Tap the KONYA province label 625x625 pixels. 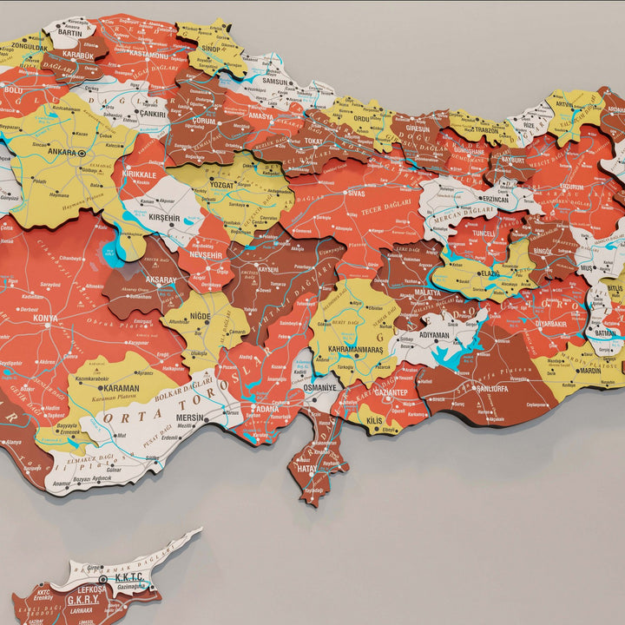[45, 319]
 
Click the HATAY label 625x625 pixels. [307, 467]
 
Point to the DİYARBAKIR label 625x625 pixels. [552, 323]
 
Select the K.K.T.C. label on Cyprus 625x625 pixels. [128, 577]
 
